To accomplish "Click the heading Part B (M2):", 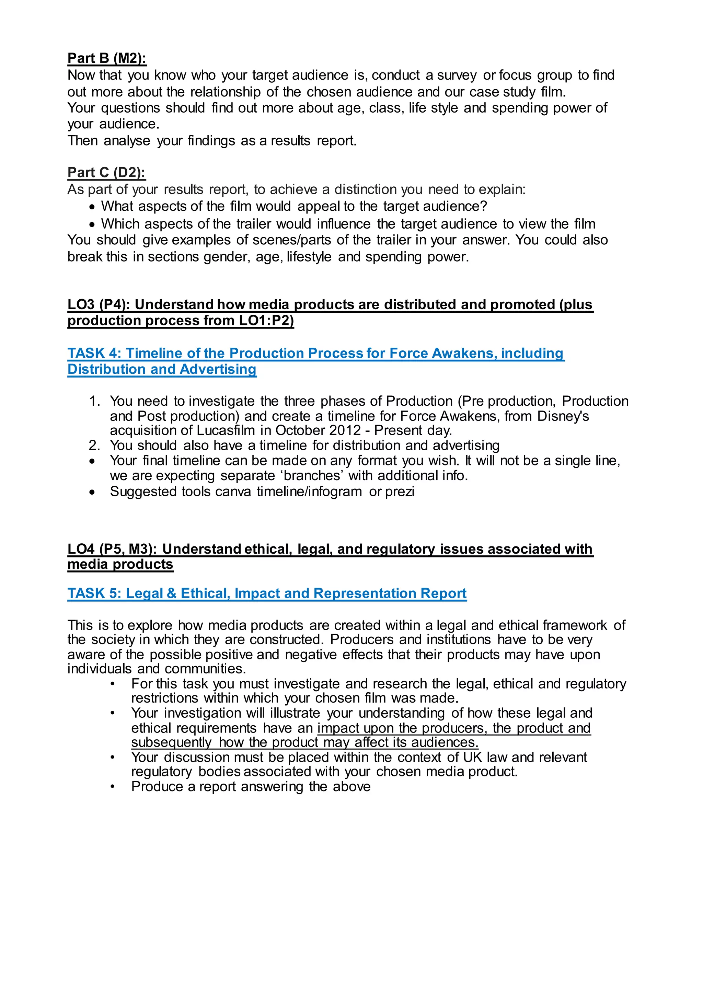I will [x=106, y=58].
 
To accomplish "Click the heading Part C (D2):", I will [x=106, y=172].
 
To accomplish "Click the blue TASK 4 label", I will [x=93, y=353].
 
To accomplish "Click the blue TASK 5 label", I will [x=93, y=593].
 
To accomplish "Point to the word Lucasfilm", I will [x=226, y=430].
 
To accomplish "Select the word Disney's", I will [x=563, y=416].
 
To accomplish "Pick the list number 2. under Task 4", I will [x=94, y=446].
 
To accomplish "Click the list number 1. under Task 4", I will [x=94, y=401].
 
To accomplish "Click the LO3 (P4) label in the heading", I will [x=99, y=305].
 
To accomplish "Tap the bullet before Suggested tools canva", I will [x=92, y=492].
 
